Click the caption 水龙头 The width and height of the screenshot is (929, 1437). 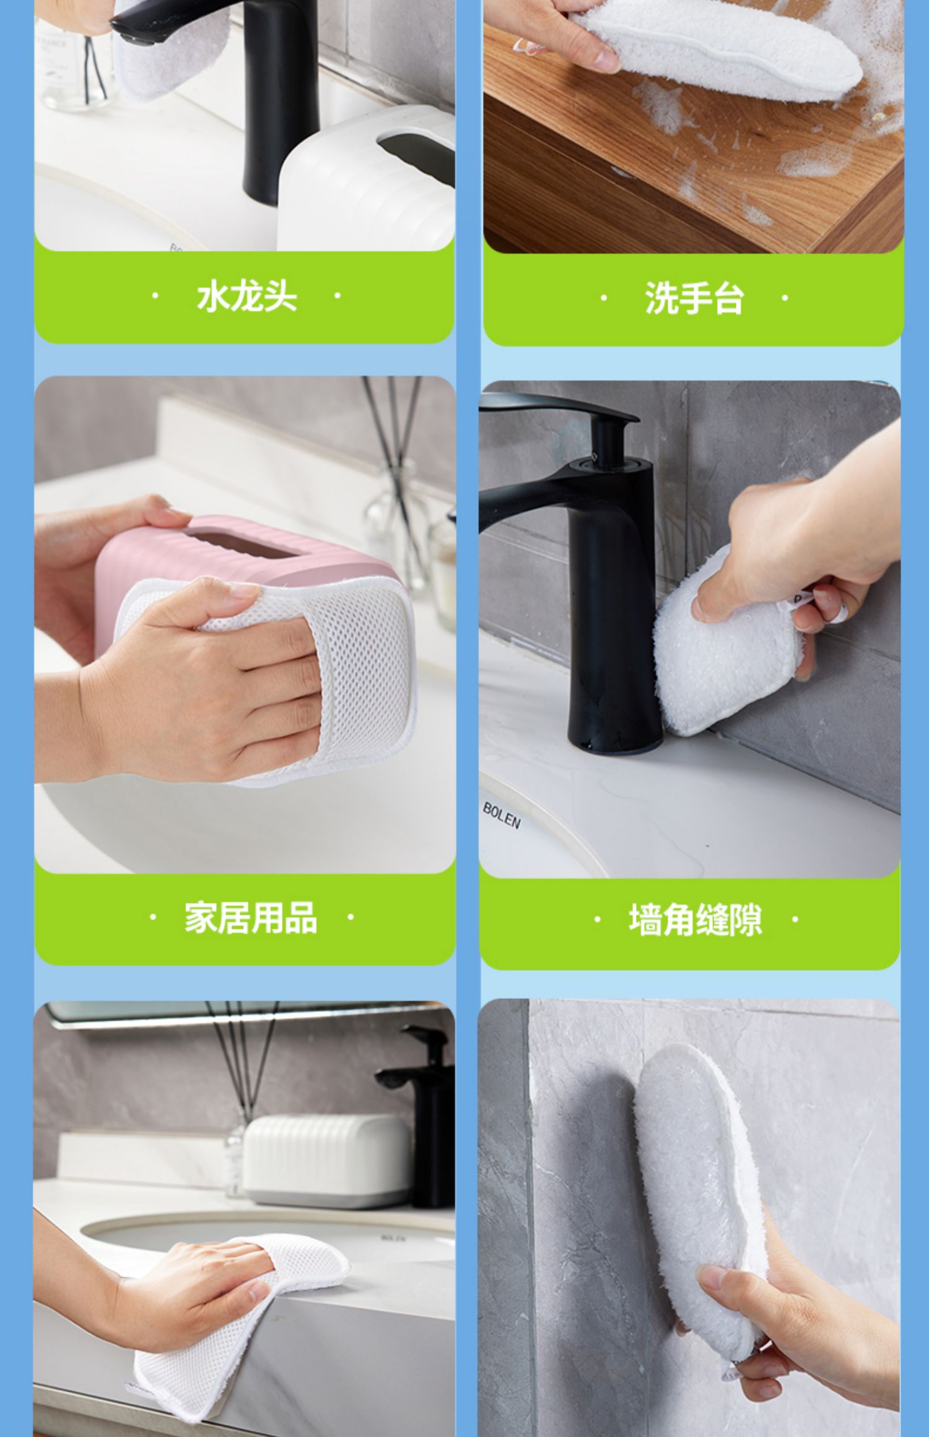[x=246, y=296]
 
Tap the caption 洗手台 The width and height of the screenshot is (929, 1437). [x=694, y=298]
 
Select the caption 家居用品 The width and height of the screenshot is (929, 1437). [x=251, y=917]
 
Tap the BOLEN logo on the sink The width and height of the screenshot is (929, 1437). [x=502, y=815]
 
